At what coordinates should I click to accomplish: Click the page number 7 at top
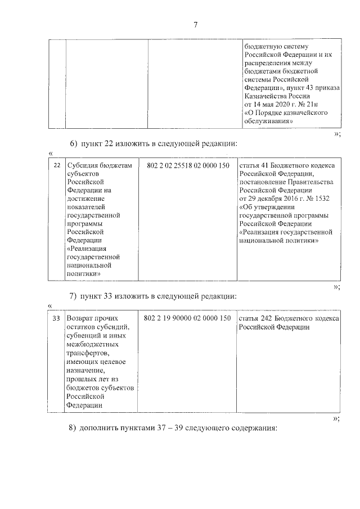tap(195, 24)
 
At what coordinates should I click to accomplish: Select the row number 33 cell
tap(56, 318)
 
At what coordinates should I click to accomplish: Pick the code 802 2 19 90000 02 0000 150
tap(188, 318)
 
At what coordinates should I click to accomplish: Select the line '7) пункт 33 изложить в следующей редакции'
tap(153, 296)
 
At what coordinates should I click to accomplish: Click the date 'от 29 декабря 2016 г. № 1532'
tap(285, 199)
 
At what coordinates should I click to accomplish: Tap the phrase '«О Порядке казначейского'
tap(286, 112)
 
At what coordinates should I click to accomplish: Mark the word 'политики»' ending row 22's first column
tap(84, 273)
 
